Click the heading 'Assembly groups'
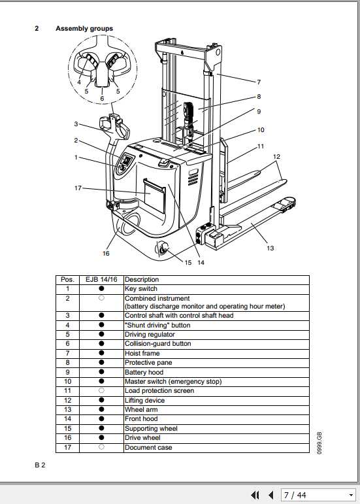click(x=84, y=29)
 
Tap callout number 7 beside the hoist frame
click(x=258, y=82)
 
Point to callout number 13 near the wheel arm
click(x=270, y=248)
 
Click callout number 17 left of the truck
click(x=78, y=189)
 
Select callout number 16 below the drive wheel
click(x=106, y=253)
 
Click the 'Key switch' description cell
click(x=141, y=288)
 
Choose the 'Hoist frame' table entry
click(x=142, y=354)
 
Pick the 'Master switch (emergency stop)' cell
click(x=173, y=382)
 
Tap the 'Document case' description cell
click(x=148, y=448)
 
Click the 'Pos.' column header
click(x=67, y=279)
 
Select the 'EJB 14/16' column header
click(x=101, y=279)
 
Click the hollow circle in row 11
click(x=101, y=391)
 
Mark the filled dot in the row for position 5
click(x=101, y=335)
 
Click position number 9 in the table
click(x=67, y=373)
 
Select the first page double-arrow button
click(x=255, y=495)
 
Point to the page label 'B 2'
click(x=40, y=465)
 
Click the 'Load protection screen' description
click(x=159, y=391)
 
